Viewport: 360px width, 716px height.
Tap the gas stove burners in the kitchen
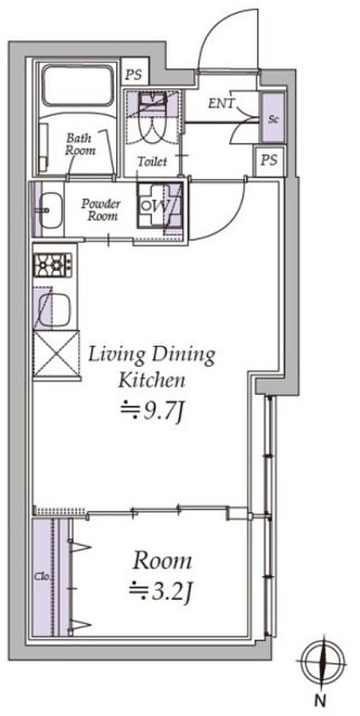tap(53, 265)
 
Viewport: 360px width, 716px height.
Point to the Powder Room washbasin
tap(50, 210)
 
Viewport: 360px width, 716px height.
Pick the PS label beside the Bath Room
tap(134, 75)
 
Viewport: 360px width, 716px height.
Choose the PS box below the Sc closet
tap(269, 161)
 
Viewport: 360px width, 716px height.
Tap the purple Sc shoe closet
tap(273, 117)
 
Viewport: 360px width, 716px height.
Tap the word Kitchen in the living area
tap(151, 380)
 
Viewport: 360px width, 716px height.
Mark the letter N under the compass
tap(320, 701)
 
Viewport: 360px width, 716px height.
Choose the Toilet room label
tap(152, 162)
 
